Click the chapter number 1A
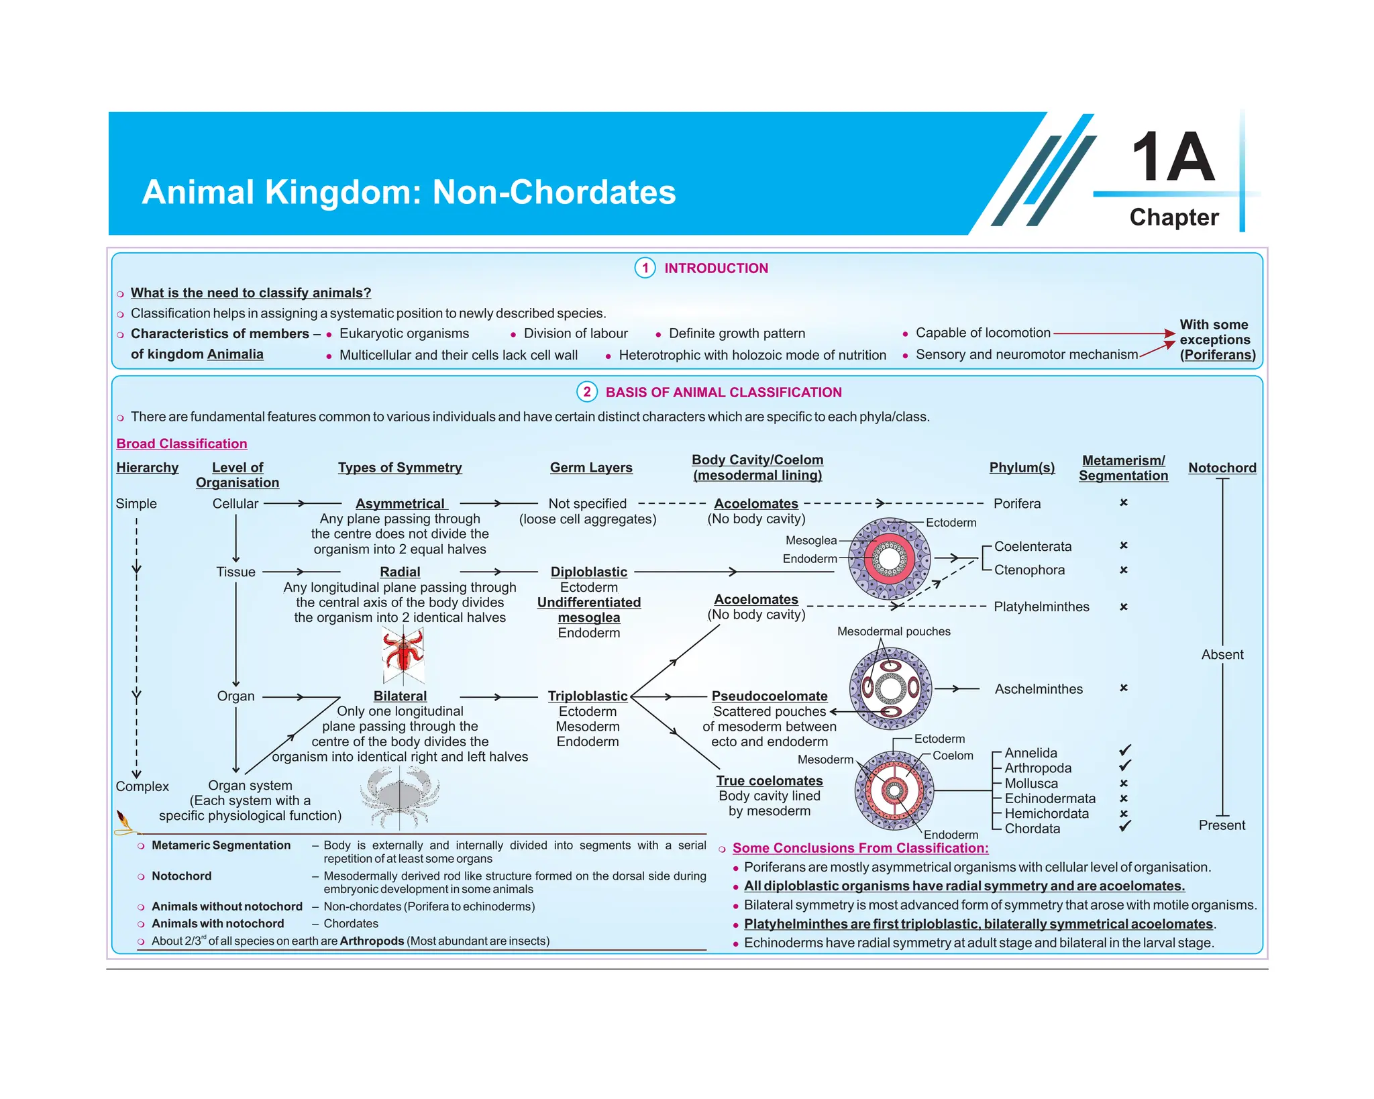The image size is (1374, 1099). (1173, 157)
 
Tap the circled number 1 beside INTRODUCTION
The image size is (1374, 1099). (645, 268)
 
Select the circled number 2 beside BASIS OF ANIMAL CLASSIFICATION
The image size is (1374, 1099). (587, 392)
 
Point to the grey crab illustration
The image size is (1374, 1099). (400, 796)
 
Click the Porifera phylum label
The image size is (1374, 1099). (1016, 503)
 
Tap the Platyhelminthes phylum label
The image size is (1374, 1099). (1041, 607)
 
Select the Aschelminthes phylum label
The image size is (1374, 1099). (1038, 689)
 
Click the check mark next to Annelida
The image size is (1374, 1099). (1125, 751)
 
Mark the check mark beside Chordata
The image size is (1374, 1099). (1125, 827)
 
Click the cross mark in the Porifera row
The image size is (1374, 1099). (1124, 503)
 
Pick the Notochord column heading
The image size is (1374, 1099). (1222, 468)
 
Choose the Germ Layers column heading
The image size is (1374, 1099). (591, 468)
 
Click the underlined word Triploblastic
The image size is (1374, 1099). (588, 696)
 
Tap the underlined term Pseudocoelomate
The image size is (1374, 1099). (770, 696)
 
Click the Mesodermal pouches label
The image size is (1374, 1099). (894, 631)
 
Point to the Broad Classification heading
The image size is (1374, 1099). (182, 443)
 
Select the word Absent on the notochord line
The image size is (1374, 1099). (1222, 654)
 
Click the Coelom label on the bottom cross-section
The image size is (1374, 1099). (953, 755)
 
